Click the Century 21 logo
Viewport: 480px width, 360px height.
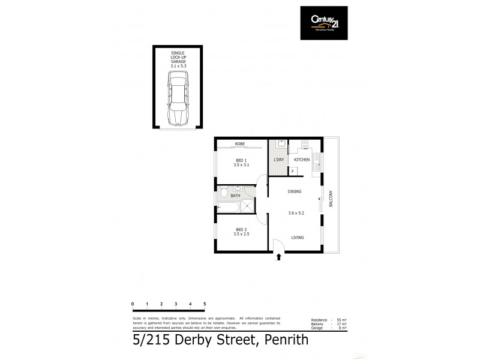click(324, 22)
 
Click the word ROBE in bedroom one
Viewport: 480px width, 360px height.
click(240, 144)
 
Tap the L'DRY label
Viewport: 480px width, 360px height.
click(278, 160)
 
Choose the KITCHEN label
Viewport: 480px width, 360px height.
click(302, 160)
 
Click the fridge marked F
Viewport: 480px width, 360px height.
click(293, 171)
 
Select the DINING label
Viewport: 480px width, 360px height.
click(294, 191)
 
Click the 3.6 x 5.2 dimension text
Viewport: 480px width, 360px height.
click(296, 213)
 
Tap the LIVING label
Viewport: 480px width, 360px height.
click(298, 238)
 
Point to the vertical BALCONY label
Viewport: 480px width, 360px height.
click(331, 199)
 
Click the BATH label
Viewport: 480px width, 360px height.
click(235, 196)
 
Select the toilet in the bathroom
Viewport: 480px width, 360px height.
click(223, 193)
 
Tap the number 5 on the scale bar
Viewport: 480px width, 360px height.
click(205, 304)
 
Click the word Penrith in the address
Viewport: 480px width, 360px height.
click(284, 341)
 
